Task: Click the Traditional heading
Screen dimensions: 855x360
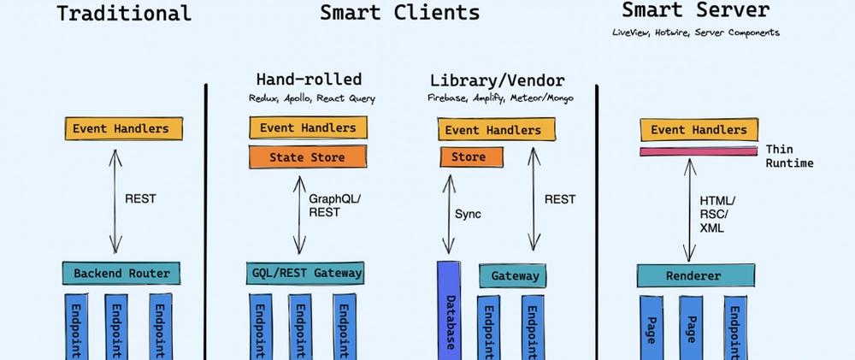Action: tap(124, 13)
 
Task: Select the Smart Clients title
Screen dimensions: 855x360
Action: tap(399, 12)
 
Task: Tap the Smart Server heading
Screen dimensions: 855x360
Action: tap(696, 9)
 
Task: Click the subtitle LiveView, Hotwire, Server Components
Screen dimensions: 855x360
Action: tap(696, 32)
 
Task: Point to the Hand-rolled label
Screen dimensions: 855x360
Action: tap(309, 80)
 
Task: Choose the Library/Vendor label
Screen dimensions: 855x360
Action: tap(498, 81)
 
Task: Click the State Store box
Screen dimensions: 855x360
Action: tap(308, 157)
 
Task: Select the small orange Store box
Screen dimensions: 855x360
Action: tap(472, 157)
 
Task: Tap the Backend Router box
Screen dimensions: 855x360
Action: tap(121, 274)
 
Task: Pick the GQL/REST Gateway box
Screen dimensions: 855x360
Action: tap(305, 273)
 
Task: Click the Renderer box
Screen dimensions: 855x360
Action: tap(696, 276)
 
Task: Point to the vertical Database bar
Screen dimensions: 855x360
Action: tap(449, 310)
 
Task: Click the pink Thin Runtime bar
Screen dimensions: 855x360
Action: tap(699, 151)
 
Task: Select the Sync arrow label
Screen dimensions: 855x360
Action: tap(468, 215)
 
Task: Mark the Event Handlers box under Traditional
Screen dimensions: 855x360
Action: tap(124, 129)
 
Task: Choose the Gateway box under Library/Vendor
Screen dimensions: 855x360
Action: tap(512, 276)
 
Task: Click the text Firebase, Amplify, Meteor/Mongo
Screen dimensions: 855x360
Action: tap(500, 98)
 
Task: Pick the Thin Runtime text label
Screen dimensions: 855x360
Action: tap(789, 156)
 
